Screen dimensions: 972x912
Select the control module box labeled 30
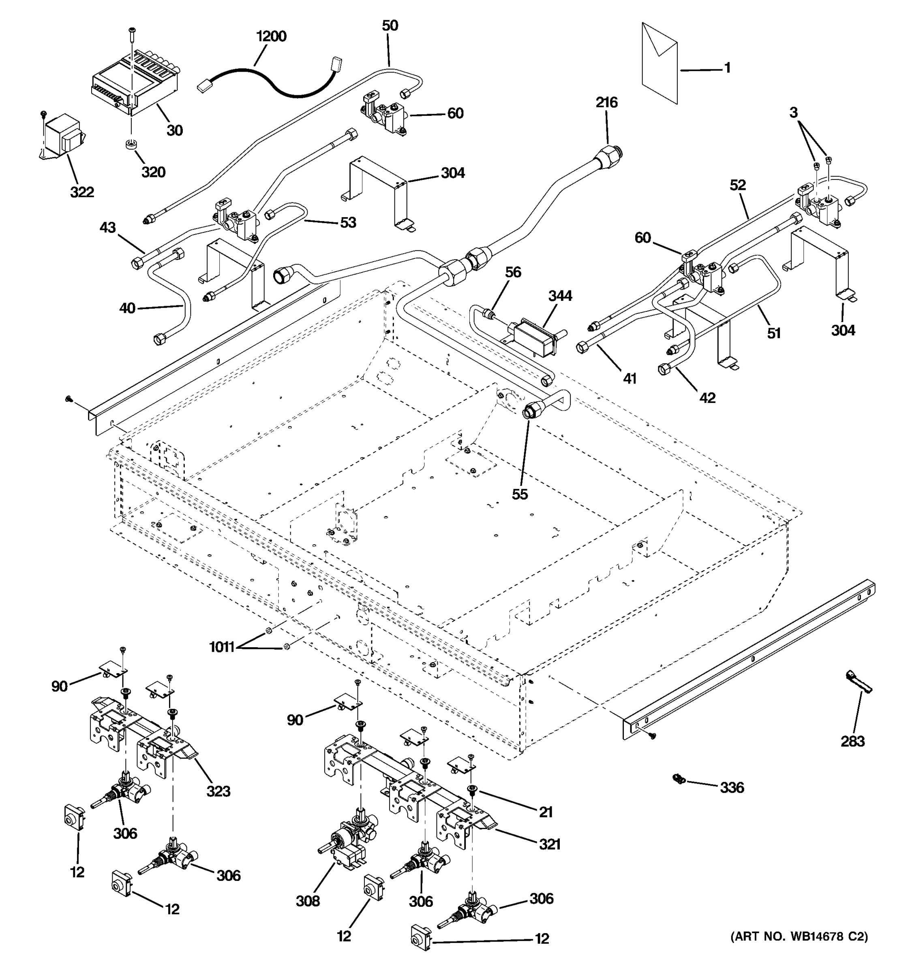(132, 88)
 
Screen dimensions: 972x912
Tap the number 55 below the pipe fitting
(520, 495)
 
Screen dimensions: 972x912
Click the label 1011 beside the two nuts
(222, 647)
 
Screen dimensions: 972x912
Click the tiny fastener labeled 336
(678, 778)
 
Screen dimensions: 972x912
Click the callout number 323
(218, 791)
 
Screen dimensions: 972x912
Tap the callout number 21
(545, 812)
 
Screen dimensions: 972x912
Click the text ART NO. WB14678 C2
(799, 936)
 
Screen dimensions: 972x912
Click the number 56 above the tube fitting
(513, 272)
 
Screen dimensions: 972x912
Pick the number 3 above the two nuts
(793, 113)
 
